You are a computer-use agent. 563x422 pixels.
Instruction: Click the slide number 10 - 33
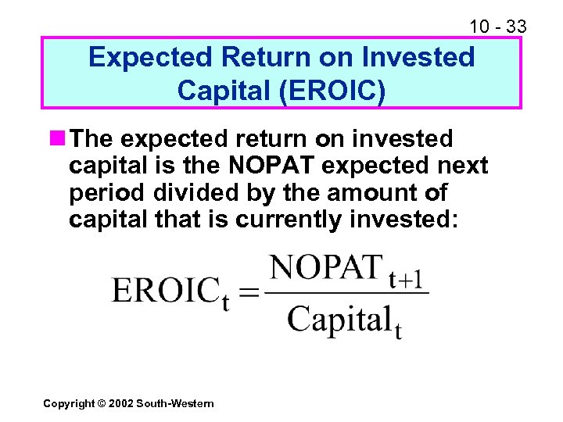497,27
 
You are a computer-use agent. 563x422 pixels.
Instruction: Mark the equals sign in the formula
249,294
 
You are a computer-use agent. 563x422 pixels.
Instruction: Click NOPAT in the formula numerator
326,268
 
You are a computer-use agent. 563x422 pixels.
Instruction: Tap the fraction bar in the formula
346,294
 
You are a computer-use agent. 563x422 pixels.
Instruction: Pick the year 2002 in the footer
121,403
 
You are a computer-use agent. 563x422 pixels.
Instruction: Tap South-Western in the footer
174,403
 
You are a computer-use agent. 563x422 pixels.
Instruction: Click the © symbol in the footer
102,403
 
